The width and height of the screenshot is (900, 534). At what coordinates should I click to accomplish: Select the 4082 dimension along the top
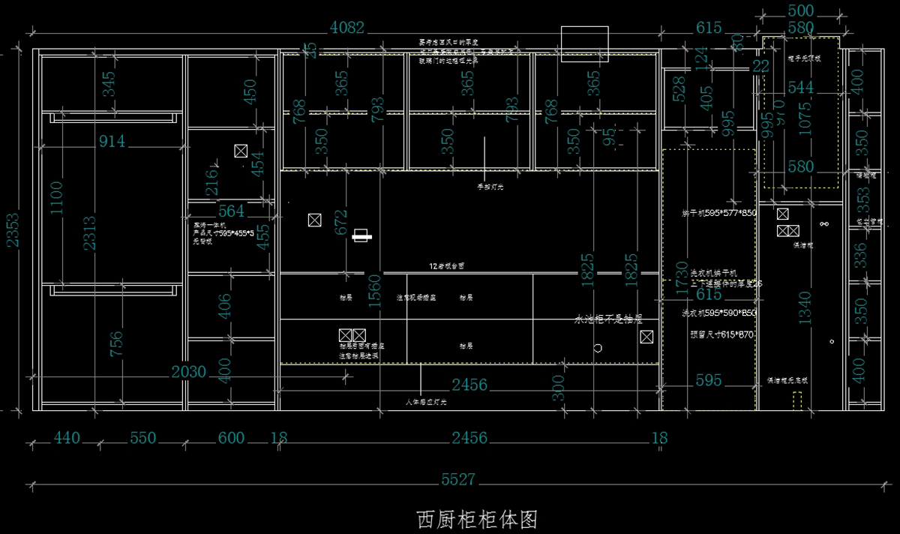(347, 28)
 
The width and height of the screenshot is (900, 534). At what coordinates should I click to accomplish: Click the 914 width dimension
(112, 140)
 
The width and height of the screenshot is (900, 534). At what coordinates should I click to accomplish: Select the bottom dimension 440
(67, 437)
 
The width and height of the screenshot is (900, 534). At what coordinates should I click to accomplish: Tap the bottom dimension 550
(143, 437)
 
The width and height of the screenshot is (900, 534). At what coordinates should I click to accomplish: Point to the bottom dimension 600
(231, 437)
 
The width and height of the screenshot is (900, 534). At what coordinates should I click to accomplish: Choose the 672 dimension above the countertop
(341, 223)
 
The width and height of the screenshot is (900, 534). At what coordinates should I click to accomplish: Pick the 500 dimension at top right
(801, 11)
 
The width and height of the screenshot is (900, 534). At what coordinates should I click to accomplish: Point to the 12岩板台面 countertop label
(446, 266)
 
